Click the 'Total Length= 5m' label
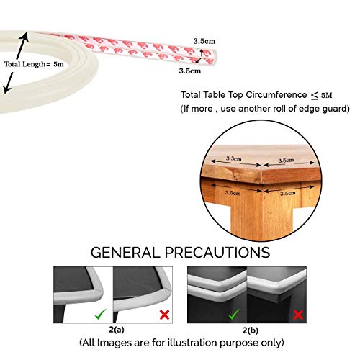click(34, 64)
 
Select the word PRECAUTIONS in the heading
click(217, 253)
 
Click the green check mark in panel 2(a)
click(100, 314)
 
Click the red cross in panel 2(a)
click(164, 315)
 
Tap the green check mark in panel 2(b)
click(234, 314)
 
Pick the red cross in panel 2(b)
click(298, 315)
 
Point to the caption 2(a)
click(117, 330)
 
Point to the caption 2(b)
click(251, 330)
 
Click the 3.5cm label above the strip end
click(204, 41)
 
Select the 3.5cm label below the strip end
click(190, 71)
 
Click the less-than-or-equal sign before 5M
click(315, 96)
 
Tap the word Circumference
click(276, 95)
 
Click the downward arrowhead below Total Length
click(6, 89)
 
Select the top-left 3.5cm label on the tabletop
click(233, 158)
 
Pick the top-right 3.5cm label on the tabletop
click(286, 161)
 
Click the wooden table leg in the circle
click(261, 214)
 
